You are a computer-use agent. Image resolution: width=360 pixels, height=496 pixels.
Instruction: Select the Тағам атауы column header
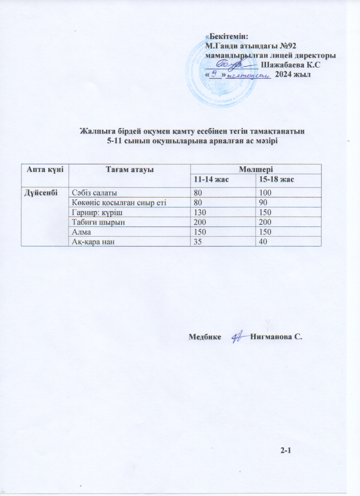point(129,169)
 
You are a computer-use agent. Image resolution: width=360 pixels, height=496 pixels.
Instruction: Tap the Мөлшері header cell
point(255,169)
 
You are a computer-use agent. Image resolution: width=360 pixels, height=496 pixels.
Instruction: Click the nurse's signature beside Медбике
point(238,337)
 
